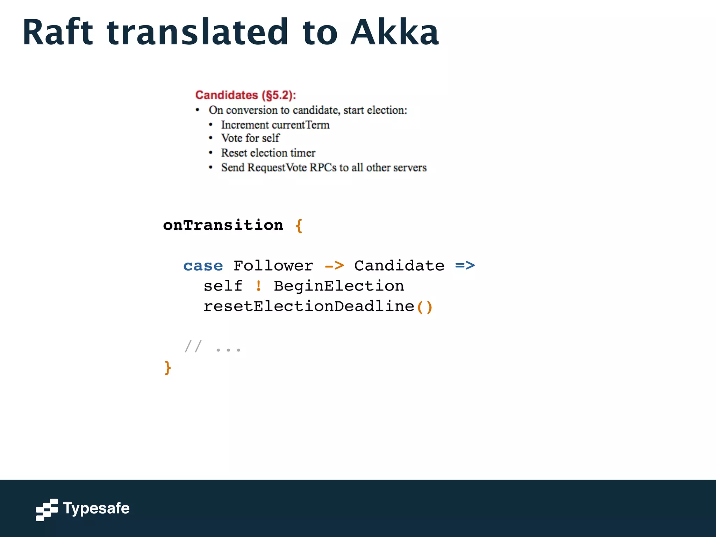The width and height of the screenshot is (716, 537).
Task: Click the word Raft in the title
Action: click(x=58, y=33)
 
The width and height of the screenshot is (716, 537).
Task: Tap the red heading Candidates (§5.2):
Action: click(x=245, y=95)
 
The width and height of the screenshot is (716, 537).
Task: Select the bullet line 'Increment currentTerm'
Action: click(x=275, y=125)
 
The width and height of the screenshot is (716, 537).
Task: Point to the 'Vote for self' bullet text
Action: click(x=250, y=138)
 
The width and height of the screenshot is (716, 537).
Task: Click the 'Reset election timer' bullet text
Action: click(x=268, y=153)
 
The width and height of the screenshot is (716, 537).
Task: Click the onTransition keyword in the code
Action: click(x=223, y=225)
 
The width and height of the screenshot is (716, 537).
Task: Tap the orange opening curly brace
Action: click(x=299, y=226)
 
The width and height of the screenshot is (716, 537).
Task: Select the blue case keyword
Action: click(x=203, y=266)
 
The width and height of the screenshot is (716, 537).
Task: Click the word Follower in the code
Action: click(x=273, y=266)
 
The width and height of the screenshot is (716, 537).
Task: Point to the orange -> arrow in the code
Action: click(x=334, y=266)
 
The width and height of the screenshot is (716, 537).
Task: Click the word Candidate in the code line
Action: click(x=399, y=266)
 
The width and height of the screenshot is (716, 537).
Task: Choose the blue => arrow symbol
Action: click(x=465, y=266)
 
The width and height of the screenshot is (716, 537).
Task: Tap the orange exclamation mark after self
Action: click(x=258, y=286)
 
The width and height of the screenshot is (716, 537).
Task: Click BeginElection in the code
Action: click(x=339, y=286)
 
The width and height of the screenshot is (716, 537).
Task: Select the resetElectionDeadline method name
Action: click(x=309, y=307)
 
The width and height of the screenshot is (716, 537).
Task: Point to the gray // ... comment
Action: click(x=213, y=347)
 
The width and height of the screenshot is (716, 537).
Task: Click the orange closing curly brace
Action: click(x=168, y=368)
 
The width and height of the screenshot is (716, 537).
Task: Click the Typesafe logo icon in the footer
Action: click(x=47, y=509)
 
